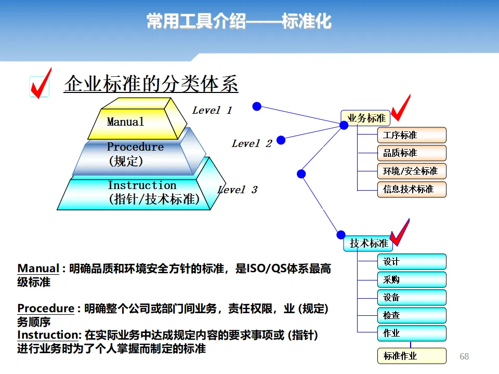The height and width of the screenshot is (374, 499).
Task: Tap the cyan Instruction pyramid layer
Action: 140,193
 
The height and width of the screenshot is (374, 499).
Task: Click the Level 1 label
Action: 212,110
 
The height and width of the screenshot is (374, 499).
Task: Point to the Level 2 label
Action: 252,143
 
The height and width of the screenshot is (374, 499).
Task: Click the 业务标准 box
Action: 366,118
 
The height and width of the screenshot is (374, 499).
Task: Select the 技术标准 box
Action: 368,243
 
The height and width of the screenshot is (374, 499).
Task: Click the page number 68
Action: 464,356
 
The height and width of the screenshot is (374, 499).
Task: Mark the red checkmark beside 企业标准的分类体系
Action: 41,83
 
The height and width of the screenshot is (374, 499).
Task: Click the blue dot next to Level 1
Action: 256,106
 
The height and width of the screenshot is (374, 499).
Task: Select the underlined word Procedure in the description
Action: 46,309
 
